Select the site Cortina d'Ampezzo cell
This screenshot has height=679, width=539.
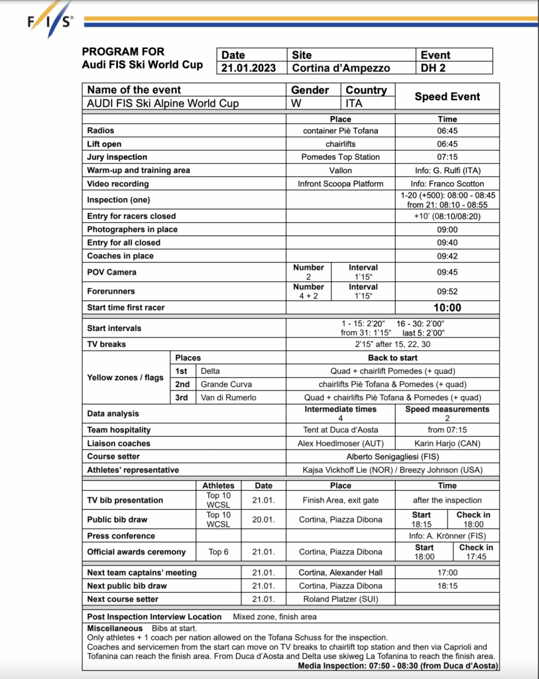(341, 68)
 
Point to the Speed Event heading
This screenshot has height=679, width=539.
(447, 96)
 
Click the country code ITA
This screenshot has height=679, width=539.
(354, 103)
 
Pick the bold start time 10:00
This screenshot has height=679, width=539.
(447, 308)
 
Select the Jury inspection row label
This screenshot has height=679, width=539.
(117, 157)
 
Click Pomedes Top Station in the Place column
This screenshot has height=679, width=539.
(340, 157)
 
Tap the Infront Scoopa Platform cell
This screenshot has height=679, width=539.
(340, 184)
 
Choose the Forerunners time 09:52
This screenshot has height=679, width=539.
(447, 290)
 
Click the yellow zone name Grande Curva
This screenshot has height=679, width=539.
(226, 384)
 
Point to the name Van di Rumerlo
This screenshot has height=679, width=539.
(228, 397)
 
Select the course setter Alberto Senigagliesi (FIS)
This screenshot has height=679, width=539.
(392, 456)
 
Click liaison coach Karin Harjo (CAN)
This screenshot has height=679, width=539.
(447, 443)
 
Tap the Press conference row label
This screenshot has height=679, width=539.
(121, 536)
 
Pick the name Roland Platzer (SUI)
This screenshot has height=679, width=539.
(340, 599)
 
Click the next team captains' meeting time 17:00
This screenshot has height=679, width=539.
(447, 572)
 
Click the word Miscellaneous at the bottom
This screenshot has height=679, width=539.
(115, 628)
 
